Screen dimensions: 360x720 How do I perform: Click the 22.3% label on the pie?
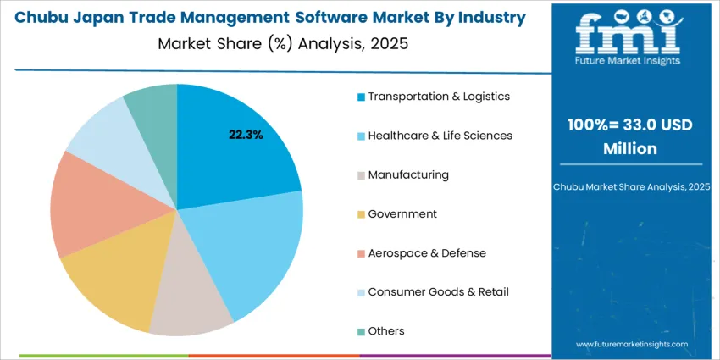(246, 135)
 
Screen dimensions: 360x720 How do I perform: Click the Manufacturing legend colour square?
(362, 175)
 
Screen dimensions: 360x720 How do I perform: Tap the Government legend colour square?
(362, 214)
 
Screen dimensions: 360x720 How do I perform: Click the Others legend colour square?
(362, 331)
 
